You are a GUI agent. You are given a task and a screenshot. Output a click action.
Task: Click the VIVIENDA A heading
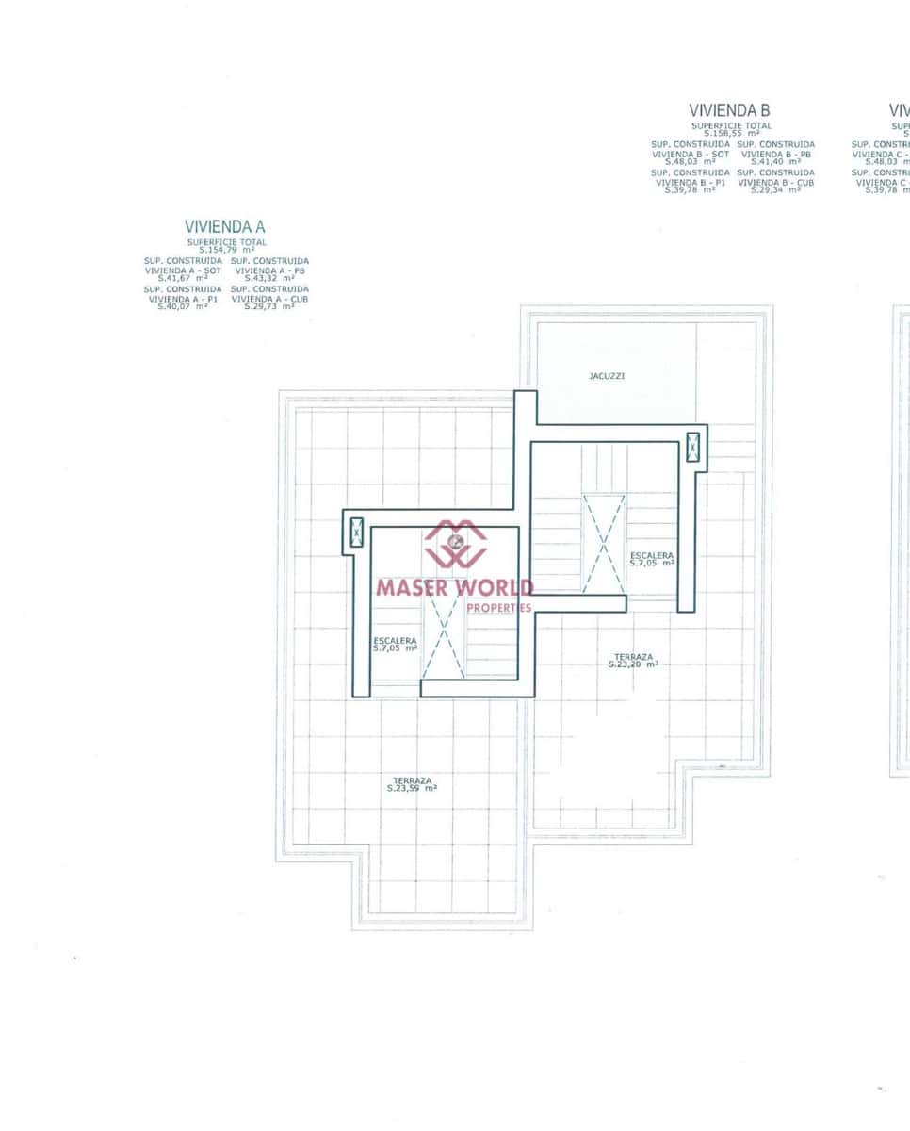tap(225, 227)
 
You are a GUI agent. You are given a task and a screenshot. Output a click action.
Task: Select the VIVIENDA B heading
tap(729, 110)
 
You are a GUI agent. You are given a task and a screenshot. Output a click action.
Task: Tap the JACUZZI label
tap(607, 376)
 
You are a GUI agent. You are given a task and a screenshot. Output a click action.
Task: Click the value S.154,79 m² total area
tap(226, 249)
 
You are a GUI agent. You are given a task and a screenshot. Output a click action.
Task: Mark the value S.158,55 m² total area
tap(731, 133)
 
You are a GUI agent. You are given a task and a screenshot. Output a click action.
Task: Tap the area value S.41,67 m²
tap(183, 278)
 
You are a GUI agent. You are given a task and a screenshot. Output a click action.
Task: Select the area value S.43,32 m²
tap(269, 278)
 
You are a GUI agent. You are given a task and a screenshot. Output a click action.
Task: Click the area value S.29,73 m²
tap(269, 306)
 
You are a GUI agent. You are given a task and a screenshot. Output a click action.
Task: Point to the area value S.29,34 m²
tap(775, 189)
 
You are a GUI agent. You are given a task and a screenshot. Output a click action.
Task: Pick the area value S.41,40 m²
tap(775, 161)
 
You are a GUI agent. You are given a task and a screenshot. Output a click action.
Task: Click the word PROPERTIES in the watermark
tap(498, 608)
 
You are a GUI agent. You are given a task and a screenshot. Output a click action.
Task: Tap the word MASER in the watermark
tap(413, 587)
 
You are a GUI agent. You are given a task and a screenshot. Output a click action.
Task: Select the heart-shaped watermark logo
tap(456, 544)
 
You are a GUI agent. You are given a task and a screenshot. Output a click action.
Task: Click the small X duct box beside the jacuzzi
tap(693, 447)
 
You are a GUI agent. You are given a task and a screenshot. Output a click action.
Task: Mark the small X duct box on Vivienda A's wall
tap(356, 533)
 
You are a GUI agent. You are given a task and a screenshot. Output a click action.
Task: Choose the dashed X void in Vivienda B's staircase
tap(603, 544)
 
